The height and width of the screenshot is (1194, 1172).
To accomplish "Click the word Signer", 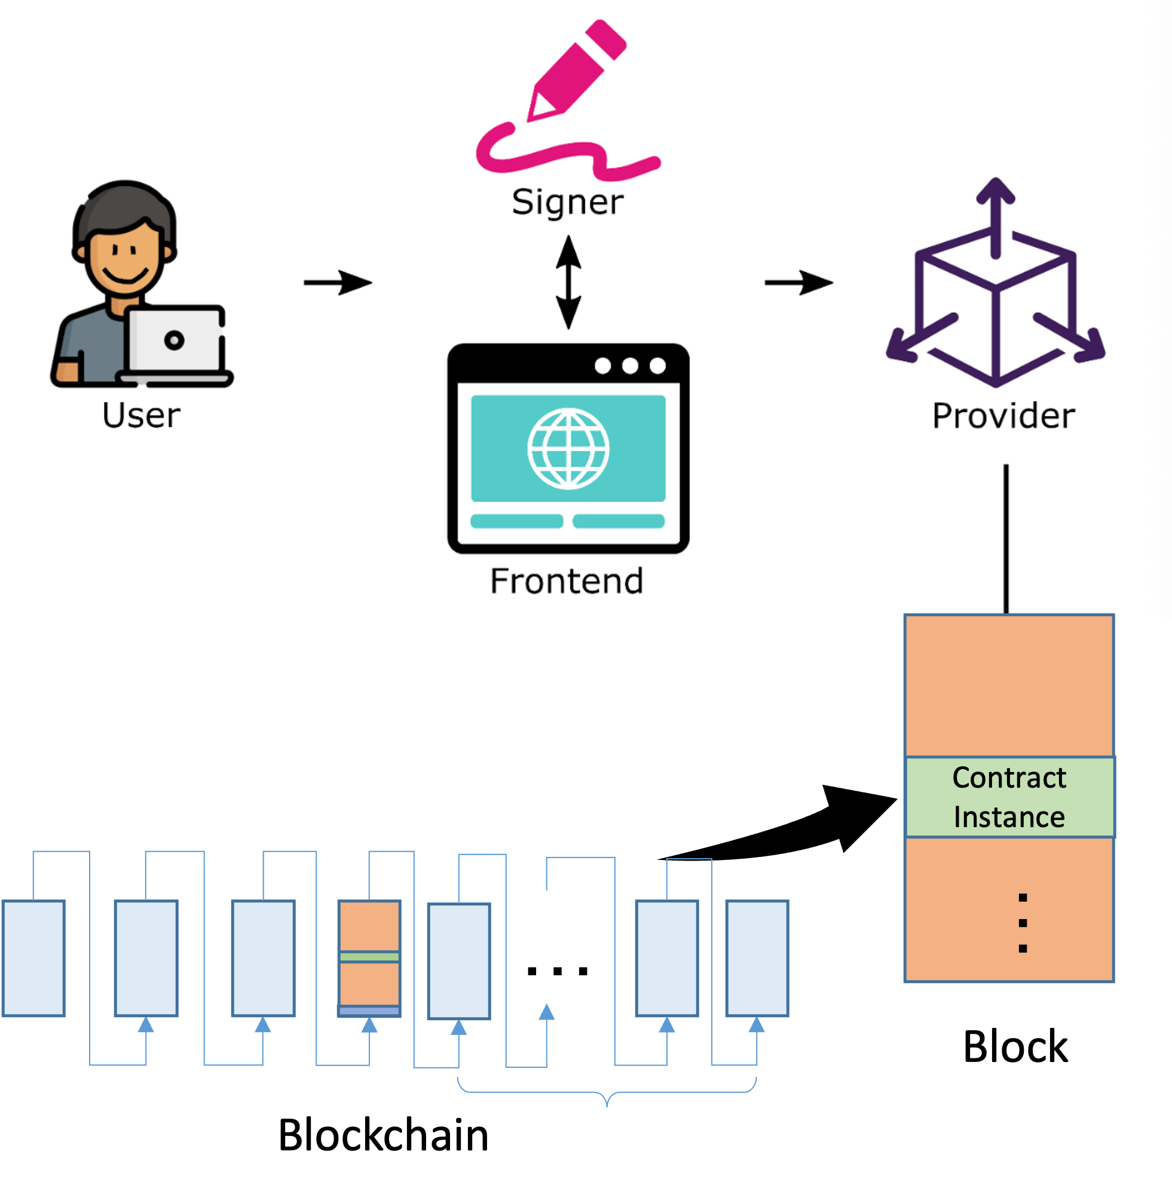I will click(x=568, y=203).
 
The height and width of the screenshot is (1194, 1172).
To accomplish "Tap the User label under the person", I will click(x=141, y=415).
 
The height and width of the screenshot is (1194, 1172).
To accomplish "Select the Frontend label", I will click(x=567, y=581).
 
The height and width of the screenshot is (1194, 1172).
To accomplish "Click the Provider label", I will click(x=1003, y=415).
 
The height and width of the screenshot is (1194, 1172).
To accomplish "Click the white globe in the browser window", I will click(x=568, y=449).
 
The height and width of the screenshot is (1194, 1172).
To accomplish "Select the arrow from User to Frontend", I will click(x=338, y=283).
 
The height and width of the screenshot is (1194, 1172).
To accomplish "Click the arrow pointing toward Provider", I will click(x=798, y=283).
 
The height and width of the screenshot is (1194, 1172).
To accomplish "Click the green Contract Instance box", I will click(x=1009, y=797).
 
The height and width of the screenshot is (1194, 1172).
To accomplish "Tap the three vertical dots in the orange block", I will click(x=1023, y=923).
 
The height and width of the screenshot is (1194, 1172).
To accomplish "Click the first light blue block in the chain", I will click(x=33, y=958).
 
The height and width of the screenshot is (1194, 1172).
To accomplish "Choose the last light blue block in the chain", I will click(x=757, y=958).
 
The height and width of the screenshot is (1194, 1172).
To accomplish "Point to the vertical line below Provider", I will click(x=1006, y=538).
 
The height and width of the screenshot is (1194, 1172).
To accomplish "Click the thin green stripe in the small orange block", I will click(x=369, y=956).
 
